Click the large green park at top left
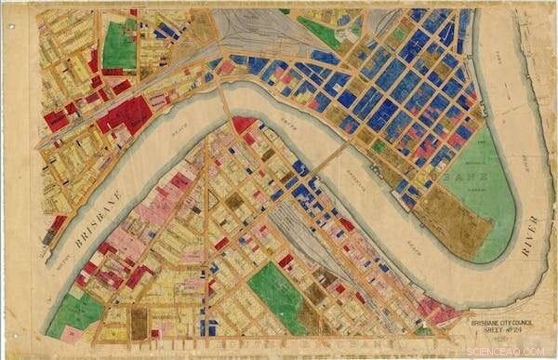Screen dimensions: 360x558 (x=118, y=44)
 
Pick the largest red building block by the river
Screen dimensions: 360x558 (x=125, y=115)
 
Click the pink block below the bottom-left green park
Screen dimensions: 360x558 (x=72, y=333)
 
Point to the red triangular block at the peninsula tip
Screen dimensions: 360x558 (x=243, y=125)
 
